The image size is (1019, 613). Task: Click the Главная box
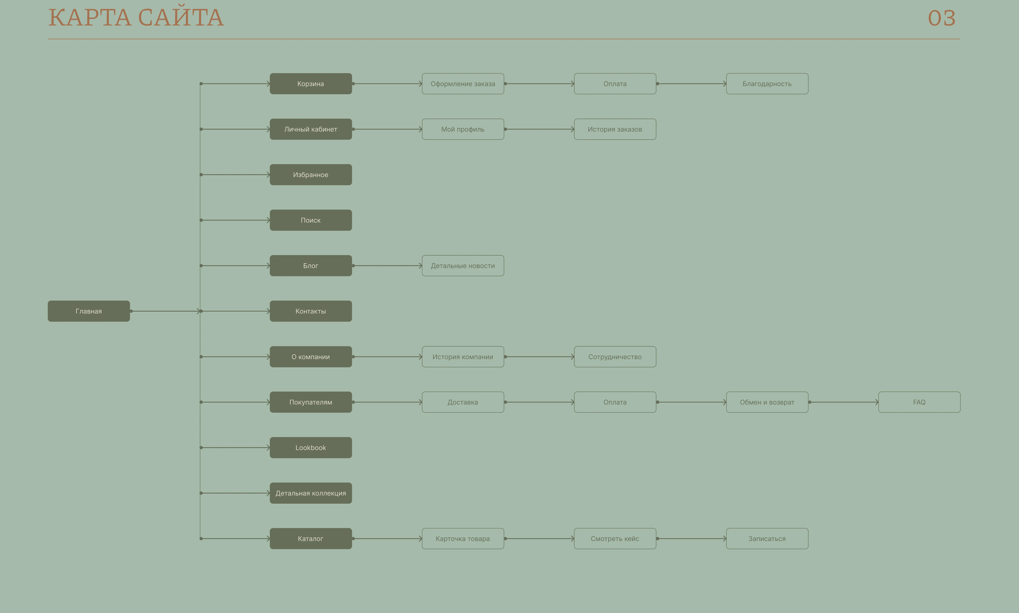(89, 311)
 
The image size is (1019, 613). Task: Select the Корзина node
(311, 84)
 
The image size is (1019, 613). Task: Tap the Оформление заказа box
(463, 84)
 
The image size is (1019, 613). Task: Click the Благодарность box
(767, 84)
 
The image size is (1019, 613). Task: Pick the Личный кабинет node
(311, 129)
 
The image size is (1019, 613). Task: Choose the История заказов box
(615, 129)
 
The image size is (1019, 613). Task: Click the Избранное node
(311, 175)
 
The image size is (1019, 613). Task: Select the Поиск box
(311, 220)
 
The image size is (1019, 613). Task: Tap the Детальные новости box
(463, 266)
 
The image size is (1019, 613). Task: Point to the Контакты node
(311, 311)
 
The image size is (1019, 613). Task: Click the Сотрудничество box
(615, 356)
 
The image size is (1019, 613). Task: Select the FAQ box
(919, 402)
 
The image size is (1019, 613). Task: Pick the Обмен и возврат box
(767, 402)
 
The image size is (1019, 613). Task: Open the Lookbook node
(311, 447)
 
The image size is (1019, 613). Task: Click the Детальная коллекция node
(311, 493)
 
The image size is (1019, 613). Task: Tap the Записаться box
(767, 538)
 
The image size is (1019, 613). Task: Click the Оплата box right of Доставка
(615, 402)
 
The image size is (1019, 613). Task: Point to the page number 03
(942, 18)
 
